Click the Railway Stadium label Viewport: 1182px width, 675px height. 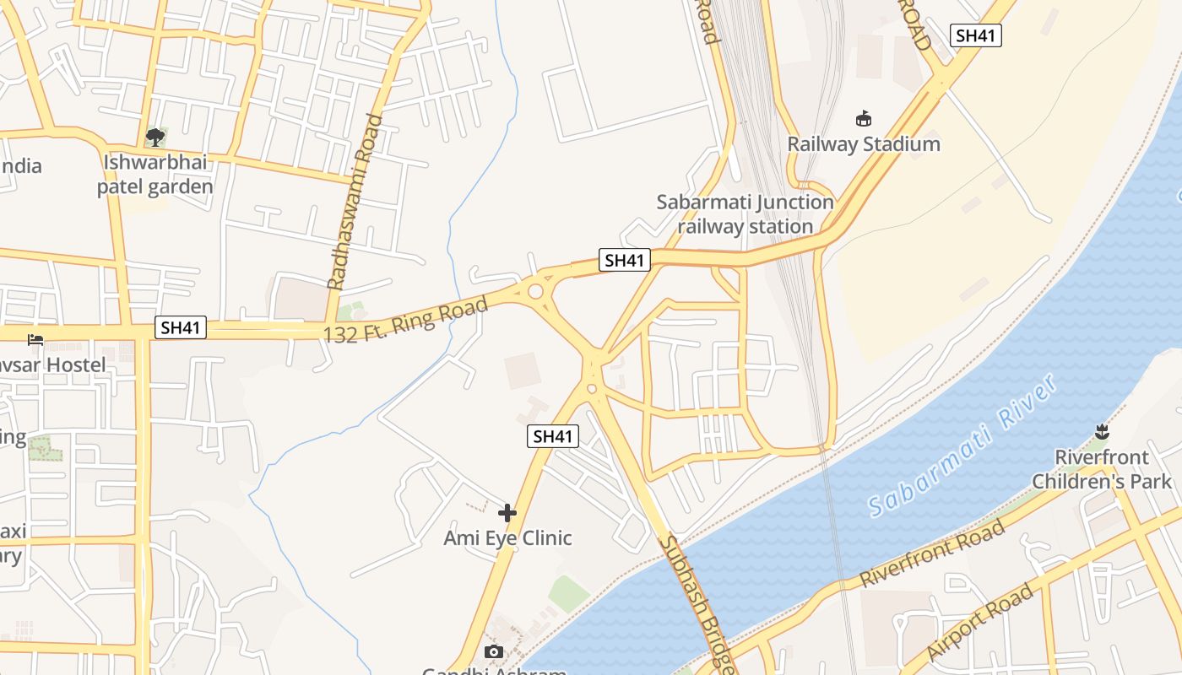tap(863, 144)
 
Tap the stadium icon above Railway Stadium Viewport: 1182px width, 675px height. tap(863, 119)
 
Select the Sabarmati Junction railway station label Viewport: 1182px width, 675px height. tap(745, 214)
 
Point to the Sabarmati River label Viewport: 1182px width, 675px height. tap(962, 445)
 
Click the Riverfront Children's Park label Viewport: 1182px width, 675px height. tap(1102, 469)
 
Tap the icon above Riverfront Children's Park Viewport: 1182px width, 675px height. tap(1101, 432)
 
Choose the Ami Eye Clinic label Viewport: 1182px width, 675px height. tap(507, 538)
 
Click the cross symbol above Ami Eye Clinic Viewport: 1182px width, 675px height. tap(507, 512)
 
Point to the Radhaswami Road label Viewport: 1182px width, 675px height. tap(355, 202)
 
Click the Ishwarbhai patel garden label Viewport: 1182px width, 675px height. tap(155, 175)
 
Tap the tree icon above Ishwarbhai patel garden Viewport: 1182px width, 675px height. tap(155, 137)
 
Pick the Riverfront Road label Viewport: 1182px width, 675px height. tap(932, 553)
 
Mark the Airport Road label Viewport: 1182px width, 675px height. tap(979, 622)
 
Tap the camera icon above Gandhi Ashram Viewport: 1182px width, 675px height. tap(494, 651)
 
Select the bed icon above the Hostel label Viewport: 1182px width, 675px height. tap(35, 340)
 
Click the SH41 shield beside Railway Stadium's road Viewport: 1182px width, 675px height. tap(975, 35)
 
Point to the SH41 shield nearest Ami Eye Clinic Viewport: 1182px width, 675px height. tap(553, 436)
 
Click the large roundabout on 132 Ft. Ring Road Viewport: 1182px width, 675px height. tap(535, 292)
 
